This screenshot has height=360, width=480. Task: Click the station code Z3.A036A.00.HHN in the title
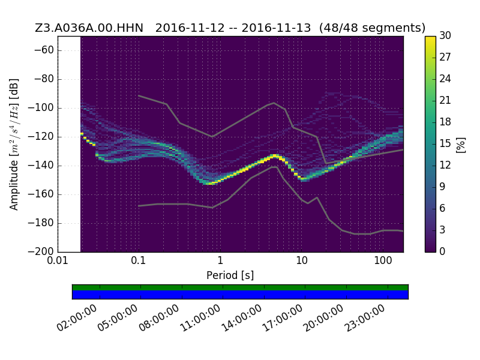[89, 28]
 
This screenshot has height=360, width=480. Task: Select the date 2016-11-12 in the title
[190, 28]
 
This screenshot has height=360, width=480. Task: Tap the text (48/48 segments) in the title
[372, 28]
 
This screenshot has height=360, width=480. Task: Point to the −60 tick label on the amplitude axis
[44, 50]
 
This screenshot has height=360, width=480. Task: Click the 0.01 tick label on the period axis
[58, 260]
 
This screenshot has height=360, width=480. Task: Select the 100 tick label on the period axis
[383, 260]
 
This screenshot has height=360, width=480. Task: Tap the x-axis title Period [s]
[230, 275]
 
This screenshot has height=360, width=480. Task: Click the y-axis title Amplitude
[14, 185]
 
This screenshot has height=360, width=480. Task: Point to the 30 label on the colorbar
[445, 36]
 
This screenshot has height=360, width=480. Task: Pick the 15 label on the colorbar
[445, 143]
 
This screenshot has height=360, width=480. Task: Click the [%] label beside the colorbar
[461, 145]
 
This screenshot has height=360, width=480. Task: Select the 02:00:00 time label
[77, 319]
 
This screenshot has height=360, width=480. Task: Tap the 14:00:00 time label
[242, 319]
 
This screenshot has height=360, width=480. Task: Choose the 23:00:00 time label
[365, 319]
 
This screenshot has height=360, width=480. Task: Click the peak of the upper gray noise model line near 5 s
[274, 103]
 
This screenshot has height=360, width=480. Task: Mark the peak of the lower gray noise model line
[275, 167]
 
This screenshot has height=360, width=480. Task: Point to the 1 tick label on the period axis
[220, 260]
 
